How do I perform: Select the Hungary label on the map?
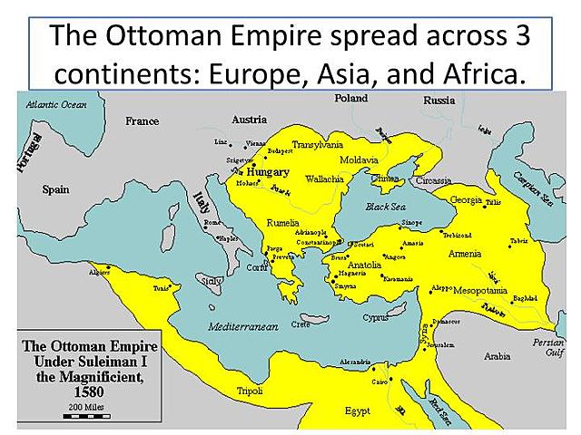tap(268, 171)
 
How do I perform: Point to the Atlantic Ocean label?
tap(56, 105)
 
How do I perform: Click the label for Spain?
tap(55, 189)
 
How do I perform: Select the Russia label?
tap(439, 101)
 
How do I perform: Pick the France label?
tap(143, 121)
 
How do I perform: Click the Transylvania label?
tap(317, 144)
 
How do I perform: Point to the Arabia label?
tap(497, 356)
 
